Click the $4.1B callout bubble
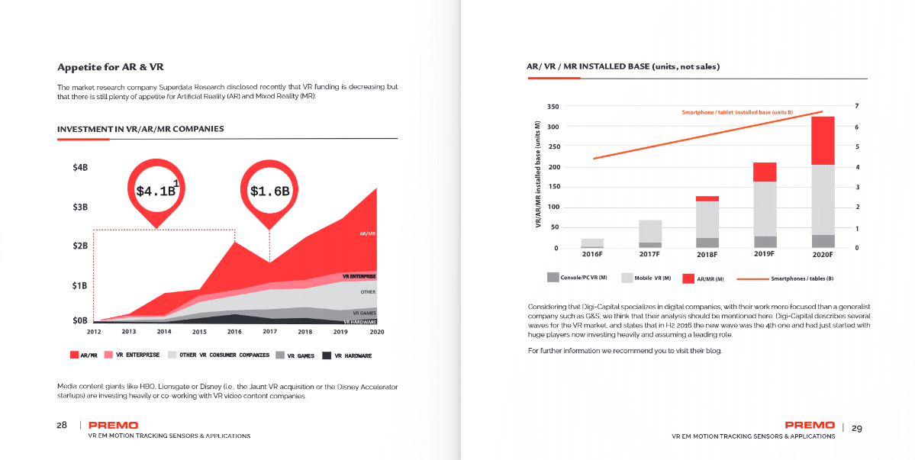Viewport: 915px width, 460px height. coord(156,191)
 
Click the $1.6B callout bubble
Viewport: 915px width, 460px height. coord(269,191)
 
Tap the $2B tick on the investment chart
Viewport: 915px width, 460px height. coord(80,246)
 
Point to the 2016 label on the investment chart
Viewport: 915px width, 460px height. coord(234,332)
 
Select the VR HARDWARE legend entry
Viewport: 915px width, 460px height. coord(347,355)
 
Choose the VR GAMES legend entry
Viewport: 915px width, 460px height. coord(295,355)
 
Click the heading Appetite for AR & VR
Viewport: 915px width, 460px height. coord(111,66)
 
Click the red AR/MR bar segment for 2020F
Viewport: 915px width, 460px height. coord(822,140)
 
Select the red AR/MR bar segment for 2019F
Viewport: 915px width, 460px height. coord(765,172)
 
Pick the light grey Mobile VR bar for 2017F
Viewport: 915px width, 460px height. coord(650,231)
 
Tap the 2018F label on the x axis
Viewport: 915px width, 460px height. coord(707,254)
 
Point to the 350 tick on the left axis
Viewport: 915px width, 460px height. coord(554,106)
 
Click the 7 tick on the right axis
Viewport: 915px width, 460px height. coord(857,105)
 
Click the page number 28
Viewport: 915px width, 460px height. coord(62,425)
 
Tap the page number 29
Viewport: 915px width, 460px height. coord(856,428)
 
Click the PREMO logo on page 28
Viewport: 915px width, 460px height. coord(113,425)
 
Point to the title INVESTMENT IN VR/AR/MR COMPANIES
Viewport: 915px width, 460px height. coord(140,129)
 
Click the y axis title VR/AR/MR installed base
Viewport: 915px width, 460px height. coord(538,175)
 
